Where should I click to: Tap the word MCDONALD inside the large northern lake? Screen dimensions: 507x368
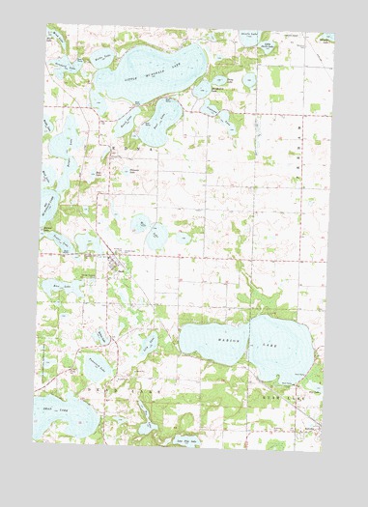click(154, 68)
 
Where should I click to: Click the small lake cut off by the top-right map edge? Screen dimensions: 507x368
click(327, 44)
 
